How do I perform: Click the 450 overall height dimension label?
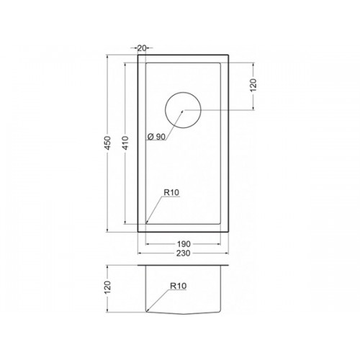pyautogui.click(x=108, y=143)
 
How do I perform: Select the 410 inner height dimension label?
pyautogui.click(x=125, y=143)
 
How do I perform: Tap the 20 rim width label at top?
pyautogui.click(x=142, y=48)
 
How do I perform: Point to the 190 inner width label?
pyautogui.click(x=184, y=244)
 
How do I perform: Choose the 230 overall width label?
pyautogui.click(x=184, y=253)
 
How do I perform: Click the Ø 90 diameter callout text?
pyautogui.click(x=156, y=137)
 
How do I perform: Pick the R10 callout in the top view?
pyautogui.click(x=171, y=192)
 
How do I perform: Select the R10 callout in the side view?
pyautogui.click(x=178, y=286)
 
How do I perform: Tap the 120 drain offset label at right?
pyautogui.click(x=253, y=85)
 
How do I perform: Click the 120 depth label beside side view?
pyautogui.click(x=108, y=287)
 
